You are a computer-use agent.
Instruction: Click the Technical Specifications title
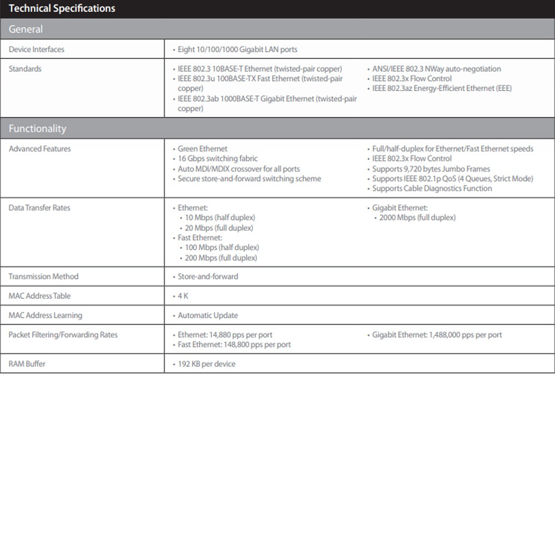(x=62, y=8)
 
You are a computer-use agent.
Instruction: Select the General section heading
(x=26, y=29)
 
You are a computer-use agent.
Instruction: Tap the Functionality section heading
(x=37, y=129)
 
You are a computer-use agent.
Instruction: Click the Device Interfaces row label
(x=37, y=49)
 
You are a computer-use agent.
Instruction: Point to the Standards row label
(x=25, y=69)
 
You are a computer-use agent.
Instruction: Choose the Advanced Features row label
(x=40, y=149)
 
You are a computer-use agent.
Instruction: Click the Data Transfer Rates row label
(x=39, y=208)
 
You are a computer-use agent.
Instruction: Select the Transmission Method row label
(x=43, y=276)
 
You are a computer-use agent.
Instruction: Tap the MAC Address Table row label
(x=39, y=296)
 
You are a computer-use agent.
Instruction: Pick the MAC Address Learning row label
(x=45, y=315)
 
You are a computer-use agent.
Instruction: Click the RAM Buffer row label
(x=27, y=364)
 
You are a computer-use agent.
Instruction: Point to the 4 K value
(x=183, y=296)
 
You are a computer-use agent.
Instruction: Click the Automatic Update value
(x=208, y=315)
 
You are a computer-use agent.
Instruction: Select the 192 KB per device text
(x=206, y=364)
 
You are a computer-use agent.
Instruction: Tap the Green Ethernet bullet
(x=203, y=149)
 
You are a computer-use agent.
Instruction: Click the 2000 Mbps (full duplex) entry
(x=417, y=218)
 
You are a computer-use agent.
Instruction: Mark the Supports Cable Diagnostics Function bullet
(x=432, y=189)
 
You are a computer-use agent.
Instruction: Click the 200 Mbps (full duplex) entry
(x=221, y=258)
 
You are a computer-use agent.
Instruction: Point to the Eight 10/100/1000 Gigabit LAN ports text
(x=238, y=49)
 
